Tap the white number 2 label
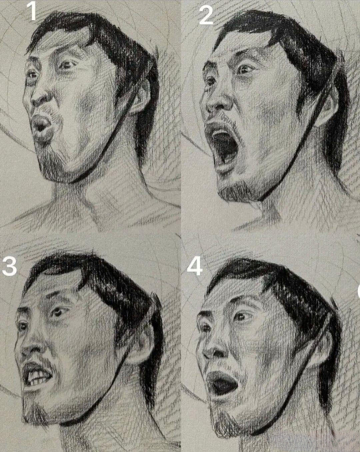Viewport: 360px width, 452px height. (206, 15)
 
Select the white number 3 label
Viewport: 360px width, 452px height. (9, 266)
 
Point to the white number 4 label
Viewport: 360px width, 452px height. (195, 266)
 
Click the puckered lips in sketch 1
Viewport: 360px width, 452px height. (42, 127)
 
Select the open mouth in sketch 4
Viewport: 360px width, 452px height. (223, 384)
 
